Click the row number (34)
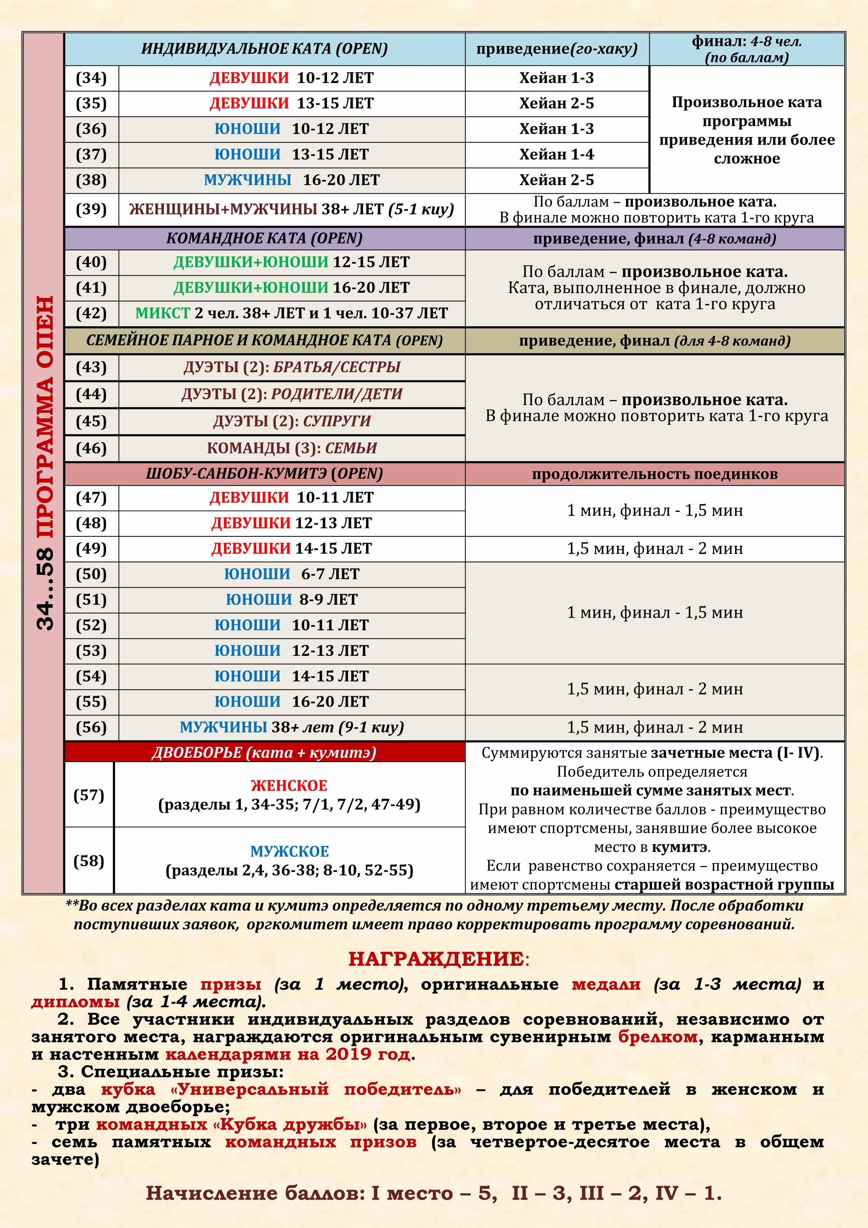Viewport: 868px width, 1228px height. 91,78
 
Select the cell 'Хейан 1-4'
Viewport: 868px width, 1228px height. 556,154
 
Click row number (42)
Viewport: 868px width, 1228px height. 91,313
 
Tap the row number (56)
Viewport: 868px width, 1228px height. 91,727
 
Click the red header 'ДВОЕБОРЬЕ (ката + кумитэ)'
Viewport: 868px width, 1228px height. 264,752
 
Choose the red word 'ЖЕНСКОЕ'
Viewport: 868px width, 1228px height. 289,786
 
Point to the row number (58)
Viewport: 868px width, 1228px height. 89,861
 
